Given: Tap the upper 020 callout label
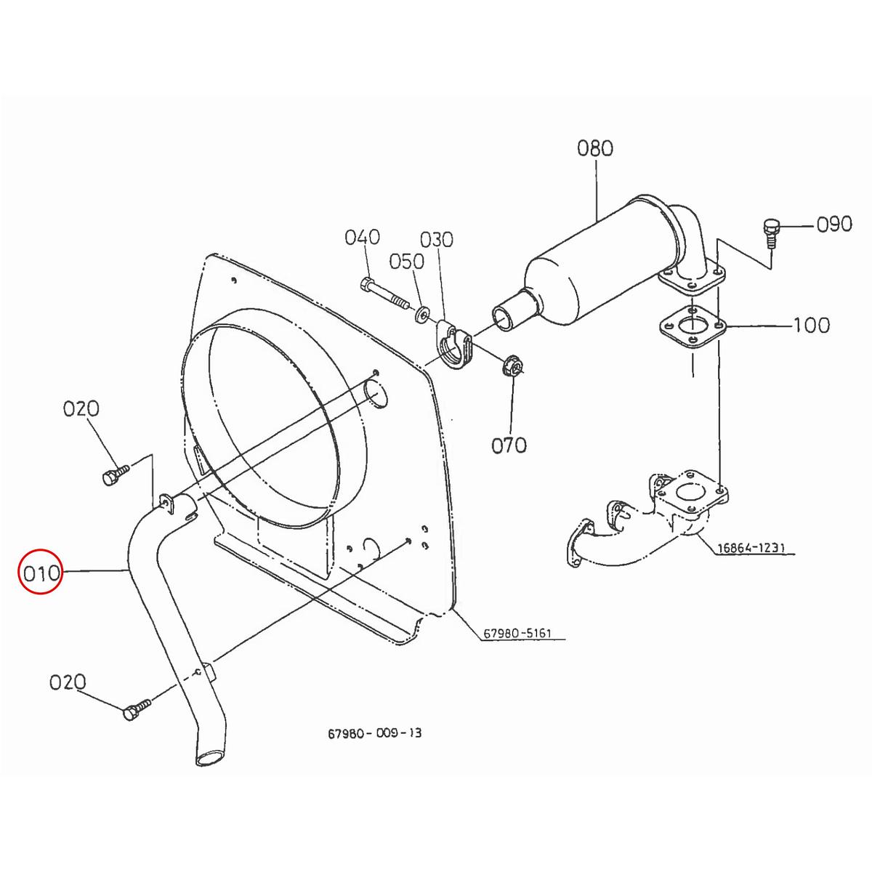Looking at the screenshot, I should click(81, 408).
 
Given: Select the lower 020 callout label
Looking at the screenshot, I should click(68, 682).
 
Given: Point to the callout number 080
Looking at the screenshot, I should click(595, 148).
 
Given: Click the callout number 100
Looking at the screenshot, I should click(810, 325).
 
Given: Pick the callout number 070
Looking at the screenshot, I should click(509, 445).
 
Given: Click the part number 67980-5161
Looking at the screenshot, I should click(517, 633).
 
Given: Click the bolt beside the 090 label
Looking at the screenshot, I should click(771, 230).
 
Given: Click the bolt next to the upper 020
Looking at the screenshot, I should click(113, 475).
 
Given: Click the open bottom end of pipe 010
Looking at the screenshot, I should click(209, 758).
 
